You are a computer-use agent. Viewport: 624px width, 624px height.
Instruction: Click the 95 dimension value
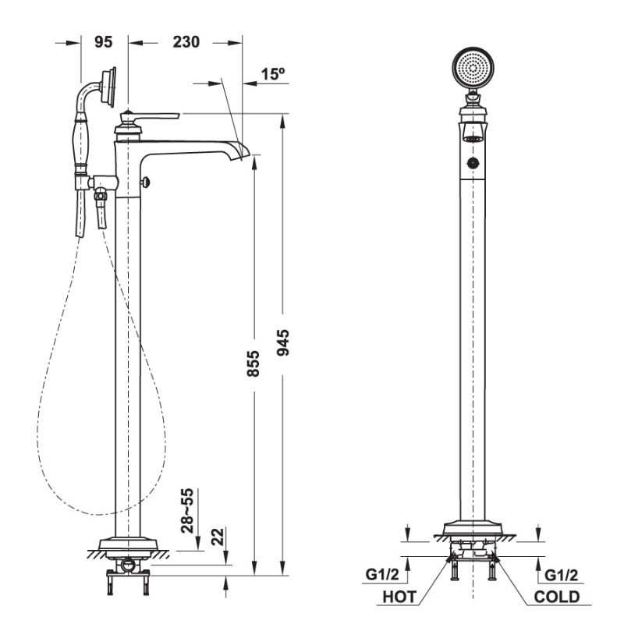(103, 42)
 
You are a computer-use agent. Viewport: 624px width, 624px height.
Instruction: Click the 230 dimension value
(186, 42)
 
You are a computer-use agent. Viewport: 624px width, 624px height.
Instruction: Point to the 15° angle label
(273, 74)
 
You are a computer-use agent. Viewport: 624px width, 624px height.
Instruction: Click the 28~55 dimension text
(188, 510)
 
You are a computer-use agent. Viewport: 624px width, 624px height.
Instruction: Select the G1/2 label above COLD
(561, 575)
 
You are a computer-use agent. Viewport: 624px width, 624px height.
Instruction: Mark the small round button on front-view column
(471, 163)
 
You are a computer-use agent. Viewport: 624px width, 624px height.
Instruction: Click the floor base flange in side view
(127, 544)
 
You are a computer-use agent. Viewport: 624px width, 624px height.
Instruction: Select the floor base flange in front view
(472, 530)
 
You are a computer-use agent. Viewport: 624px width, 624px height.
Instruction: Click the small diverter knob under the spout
(145, 182)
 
